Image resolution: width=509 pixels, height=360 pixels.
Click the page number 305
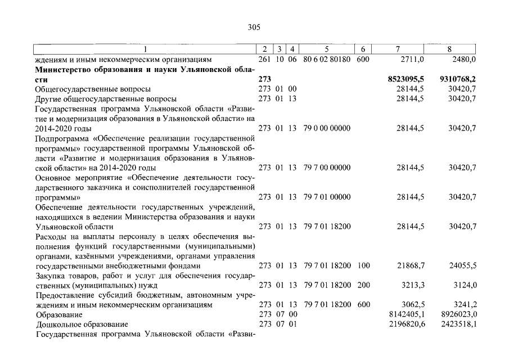point(254,26)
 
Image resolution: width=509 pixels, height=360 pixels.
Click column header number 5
point(326,49)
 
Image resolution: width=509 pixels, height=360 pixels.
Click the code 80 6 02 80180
point(327,59)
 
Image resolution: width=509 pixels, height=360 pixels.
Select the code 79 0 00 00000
point(327,128)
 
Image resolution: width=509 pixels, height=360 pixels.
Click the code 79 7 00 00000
point(327,168)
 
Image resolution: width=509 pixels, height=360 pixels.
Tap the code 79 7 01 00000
point(327,197)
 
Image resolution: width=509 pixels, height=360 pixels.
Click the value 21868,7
point(410,265)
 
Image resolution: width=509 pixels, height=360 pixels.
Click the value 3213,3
point(412,285)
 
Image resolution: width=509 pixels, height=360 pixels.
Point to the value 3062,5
point(412,305)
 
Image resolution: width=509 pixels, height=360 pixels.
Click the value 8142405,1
point(406,314)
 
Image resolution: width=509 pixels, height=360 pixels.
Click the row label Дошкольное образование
point(82,325)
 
